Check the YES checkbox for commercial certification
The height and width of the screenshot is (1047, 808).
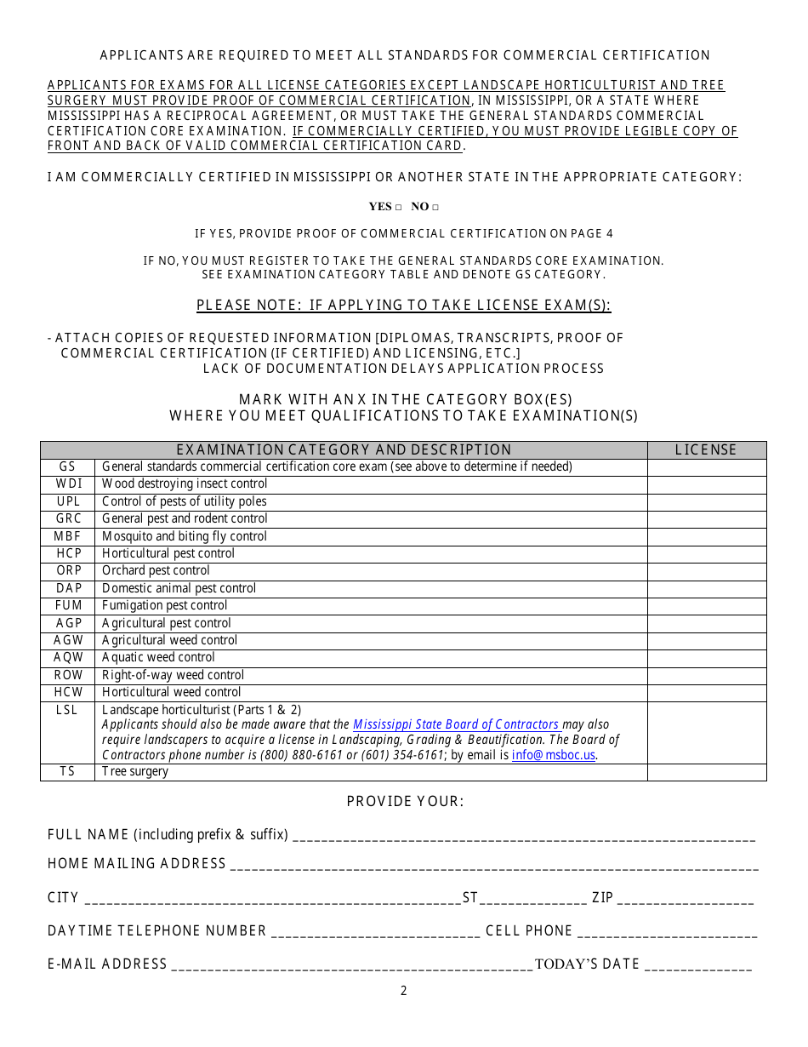398,207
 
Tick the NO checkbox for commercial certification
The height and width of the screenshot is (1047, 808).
435,207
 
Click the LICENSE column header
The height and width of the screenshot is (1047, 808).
706,450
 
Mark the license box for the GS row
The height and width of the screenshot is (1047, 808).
706,467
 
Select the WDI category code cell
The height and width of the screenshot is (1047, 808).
68,484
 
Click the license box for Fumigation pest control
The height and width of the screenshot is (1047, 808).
706,606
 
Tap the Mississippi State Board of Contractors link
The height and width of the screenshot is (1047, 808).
456,724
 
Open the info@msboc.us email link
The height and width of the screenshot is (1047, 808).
554,755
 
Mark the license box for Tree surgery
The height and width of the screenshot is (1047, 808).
706,772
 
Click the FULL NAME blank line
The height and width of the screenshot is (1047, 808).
523,837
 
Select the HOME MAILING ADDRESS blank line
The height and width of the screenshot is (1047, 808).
493,866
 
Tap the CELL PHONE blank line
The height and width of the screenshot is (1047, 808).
667,933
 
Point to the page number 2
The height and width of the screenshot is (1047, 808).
404,991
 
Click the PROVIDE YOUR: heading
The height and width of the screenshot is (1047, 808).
405,802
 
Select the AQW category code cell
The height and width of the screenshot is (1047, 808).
68,658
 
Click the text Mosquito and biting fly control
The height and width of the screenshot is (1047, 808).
185,536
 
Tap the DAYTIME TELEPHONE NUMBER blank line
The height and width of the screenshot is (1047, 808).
375,933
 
